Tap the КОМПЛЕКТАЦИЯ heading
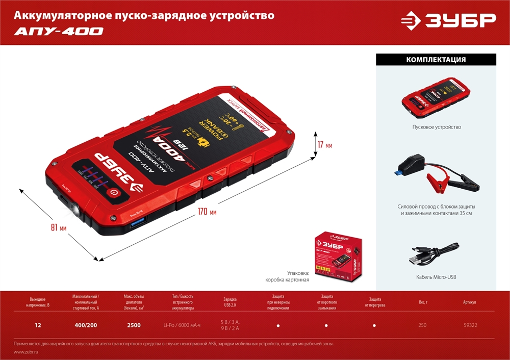pyautogui.click(x=436, y=60)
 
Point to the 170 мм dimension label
pyautogui.click(x=206, y=212)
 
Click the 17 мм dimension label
pyautogui.click(x=324, y=146)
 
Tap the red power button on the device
pyautogui.click(x=114, y=193)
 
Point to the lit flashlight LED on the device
pyautogui.click(x=75, y=209)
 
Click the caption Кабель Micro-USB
pyautogui.click(x=436, y=277)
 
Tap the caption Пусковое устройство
pyautogui.click(x=436, y=127)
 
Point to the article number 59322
pyautogui.click(x=470, y=325)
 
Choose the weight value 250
pyautogui.click(x=423, y=325)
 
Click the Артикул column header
pyautogui.click(x=470, y=302)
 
